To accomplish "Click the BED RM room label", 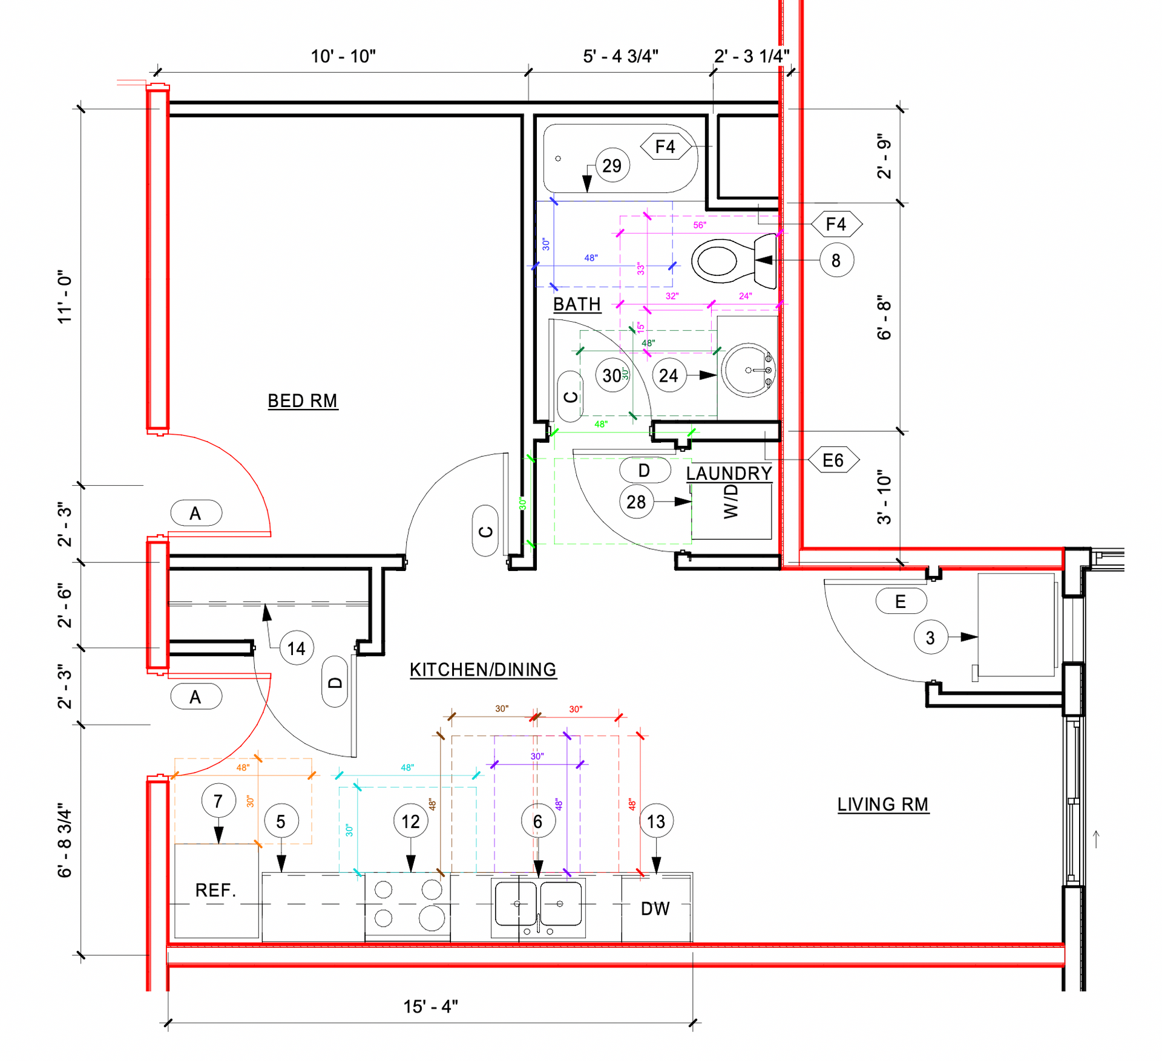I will (303, 401).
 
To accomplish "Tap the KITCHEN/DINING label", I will (482, 670).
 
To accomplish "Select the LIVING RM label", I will (882, 805).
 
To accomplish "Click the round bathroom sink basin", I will (749, 370).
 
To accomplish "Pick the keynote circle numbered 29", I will (612, 165).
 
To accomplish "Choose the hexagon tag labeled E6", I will (833, 460).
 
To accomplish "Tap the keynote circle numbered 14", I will (296, 648).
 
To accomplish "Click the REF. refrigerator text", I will (215, 890).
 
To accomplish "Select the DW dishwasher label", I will (655, 909).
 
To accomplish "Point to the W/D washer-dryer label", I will (731, 501).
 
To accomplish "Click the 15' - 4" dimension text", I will (430, 1007).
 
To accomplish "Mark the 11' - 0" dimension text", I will (65, 296).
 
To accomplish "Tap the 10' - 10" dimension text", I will (343, 56).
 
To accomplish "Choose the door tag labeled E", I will (901, 601).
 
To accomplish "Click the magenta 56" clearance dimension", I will (699, 225).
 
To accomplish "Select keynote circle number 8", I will (836, 261).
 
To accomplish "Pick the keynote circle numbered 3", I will (930, 638).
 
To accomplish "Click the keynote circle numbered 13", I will (656, 821).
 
